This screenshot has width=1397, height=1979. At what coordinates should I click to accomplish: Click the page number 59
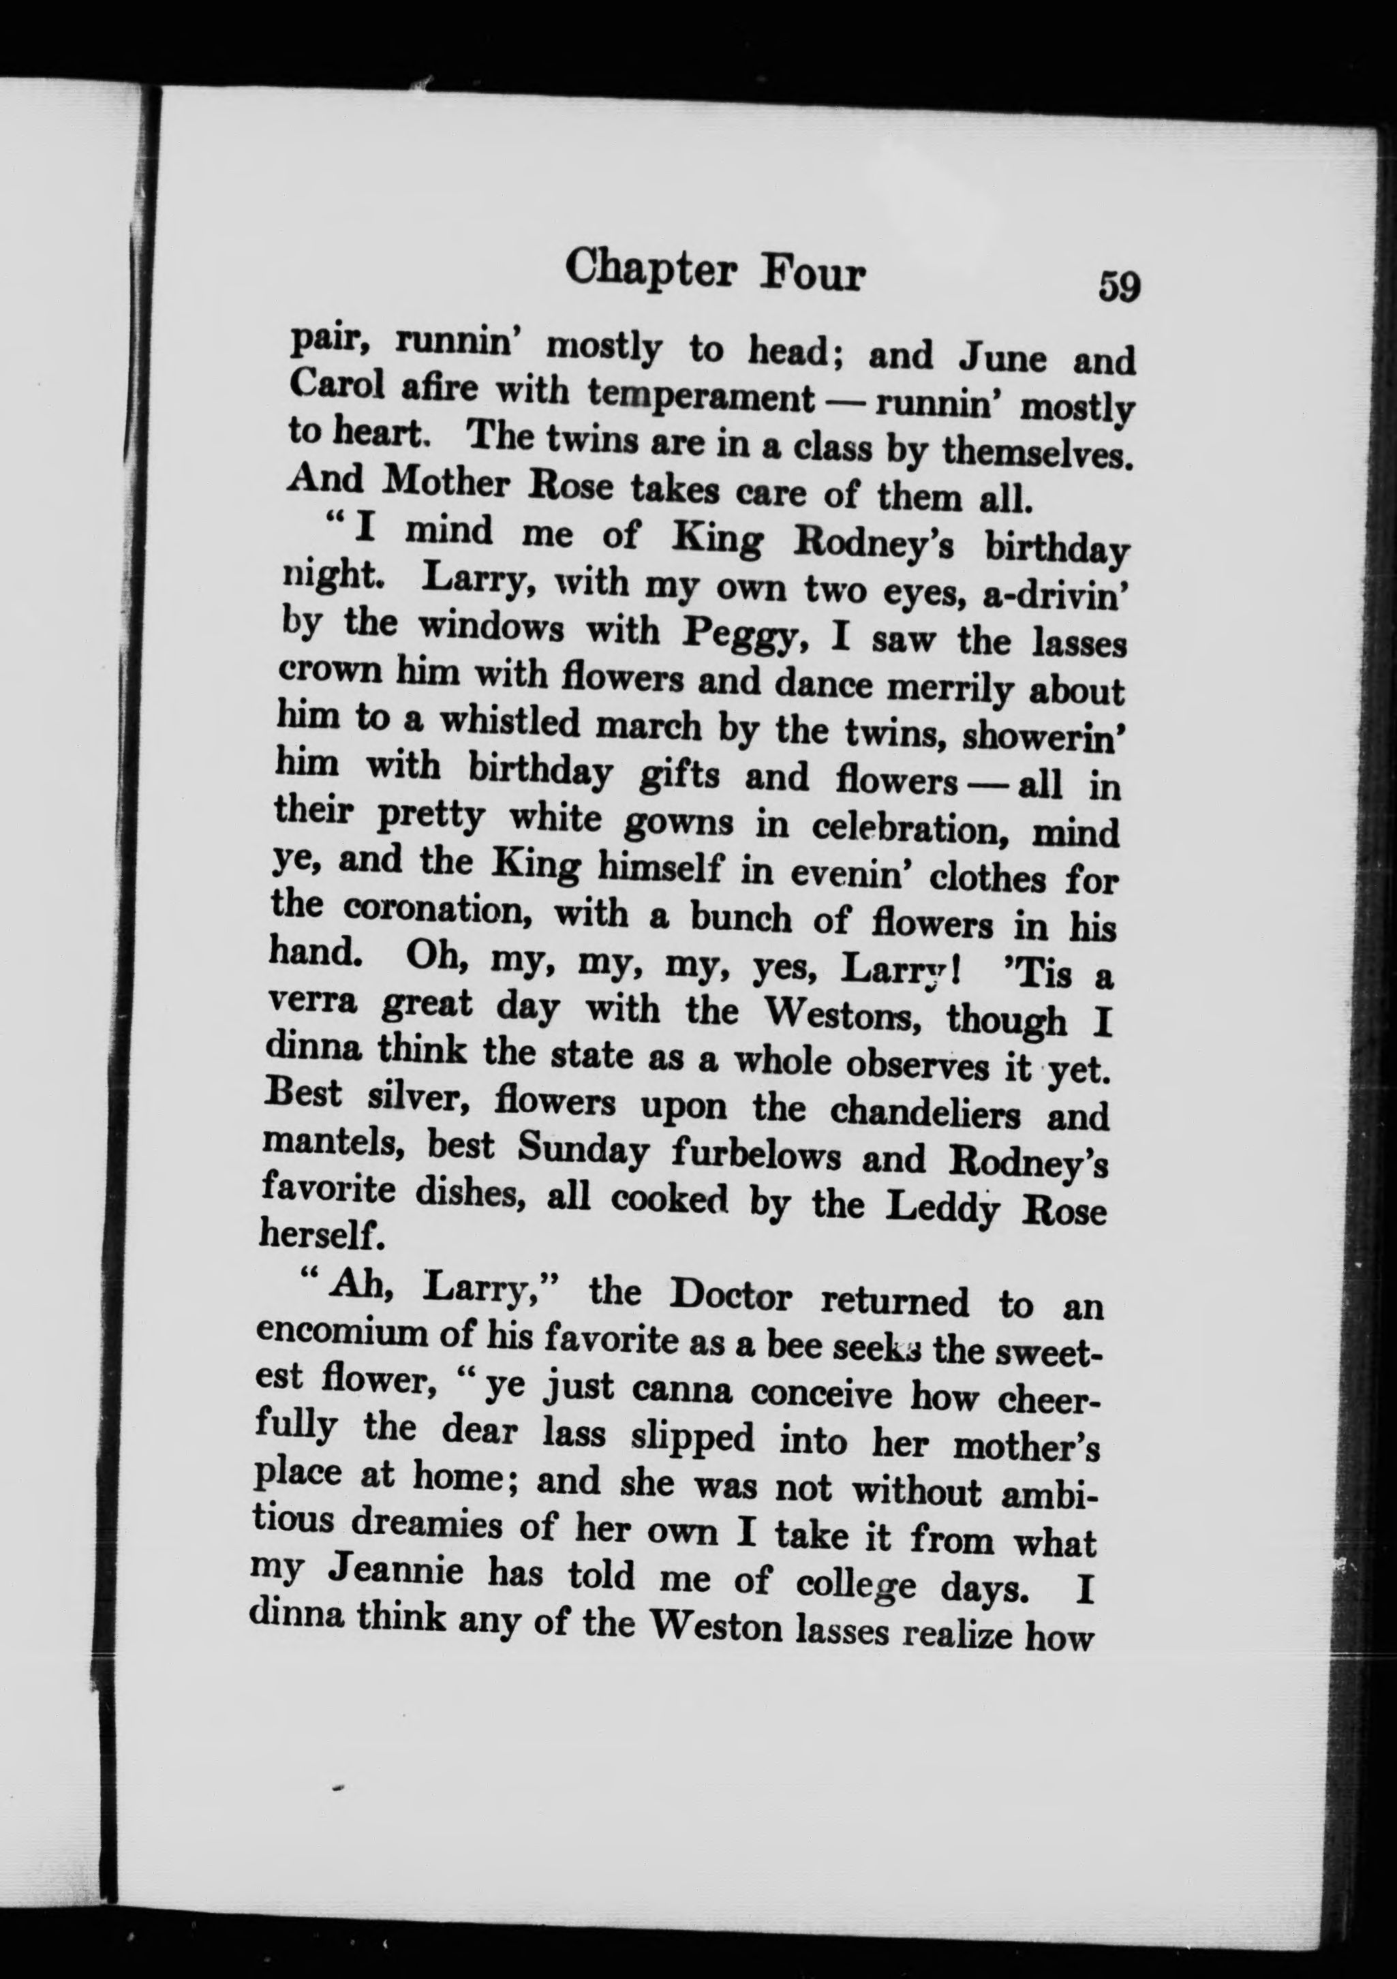point(1119,286)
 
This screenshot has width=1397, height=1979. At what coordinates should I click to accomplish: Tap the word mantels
point(333,1145)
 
